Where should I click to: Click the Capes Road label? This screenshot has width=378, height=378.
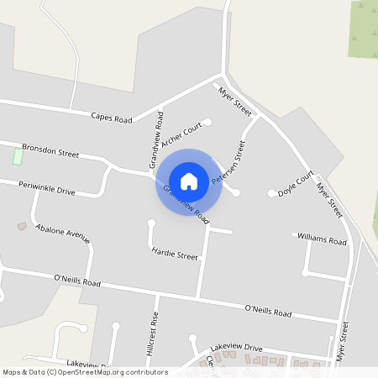coord(112,118)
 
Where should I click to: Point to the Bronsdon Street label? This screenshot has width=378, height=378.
coord(50,150)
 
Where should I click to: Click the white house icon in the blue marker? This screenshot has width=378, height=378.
coord(189,181)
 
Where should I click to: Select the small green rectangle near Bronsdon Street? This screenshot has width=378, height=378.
coord(18,155)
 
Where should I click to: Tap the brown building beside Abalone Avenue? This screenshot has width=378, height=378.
coord(22,226)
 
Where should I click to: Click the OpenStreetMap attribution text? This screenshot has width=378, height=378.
coord(85,370)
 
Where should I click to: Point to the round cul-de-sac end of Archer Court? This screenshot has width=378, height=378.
coord(208,123)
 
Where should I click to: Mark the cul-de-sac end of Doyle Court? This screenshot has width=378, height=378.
coord(271,193)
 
